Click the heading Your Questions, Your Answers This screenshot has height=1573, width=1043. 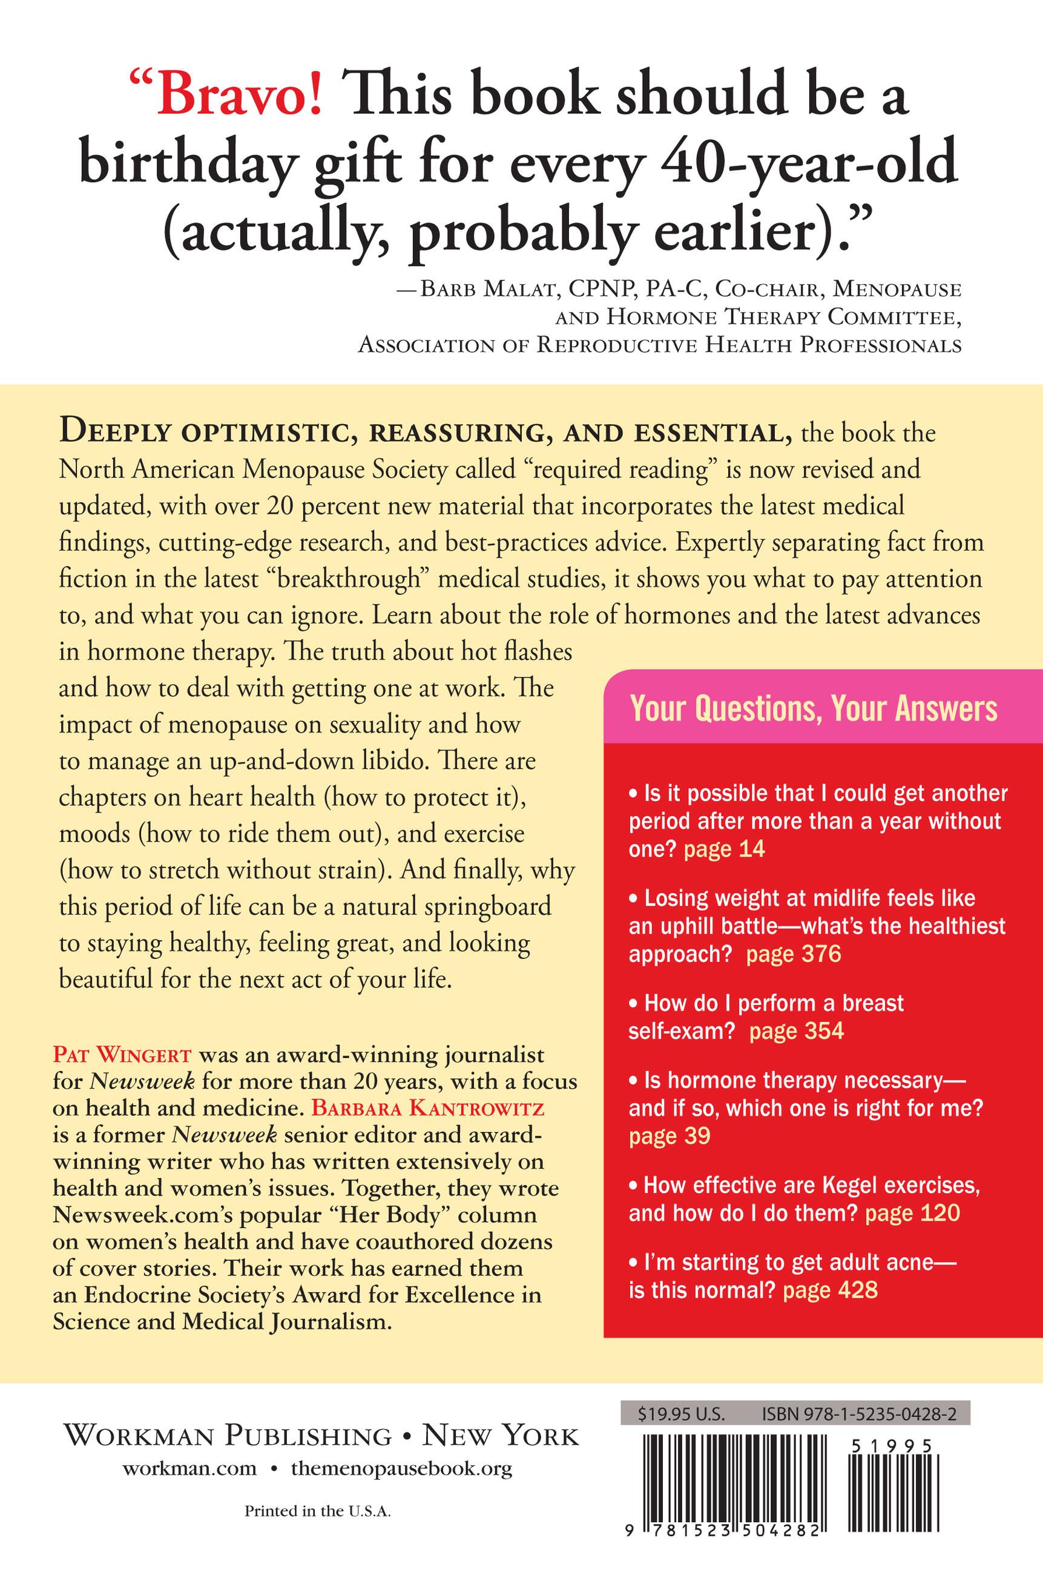pyautogui.click(x=813, y=708)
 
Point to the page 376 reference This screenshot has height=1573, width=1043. pyautogui.click(x=793, y=954)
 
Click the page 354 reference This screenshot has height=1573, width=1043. pyautogui.click(x=796, y=1031)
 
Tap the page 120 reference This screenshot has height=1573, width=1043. pyautogui.click(x=912, y=1213)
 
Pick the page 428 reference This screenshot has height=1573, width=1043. pyautogui.click(x=830, y=1290)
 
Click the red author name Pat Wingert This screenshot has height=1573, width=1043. pyautogui.click(x=122, y=1055)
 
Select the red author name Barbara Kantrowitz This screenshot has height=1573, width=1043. pyautogui.click(x=428, y=1108)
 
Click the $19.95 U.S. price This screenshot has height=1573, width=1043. pyautogui.click(x=680, y=1414)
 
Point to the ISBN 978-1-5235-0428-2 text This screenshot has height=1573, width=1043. pyautogui.click(x=859, y=1414)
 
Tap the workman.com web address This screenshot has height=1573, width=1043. pyautogui.click(x=189, y=1468)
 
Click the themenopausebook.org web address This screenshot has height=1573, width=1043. pyautogui.click(x=401, y=1468)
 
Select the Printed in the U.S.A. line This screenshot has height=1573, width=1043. pyautogui.click(x=317, y=1511)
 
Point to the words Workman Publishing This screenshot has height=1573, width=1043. pyautogui.click(x=228, y=1436)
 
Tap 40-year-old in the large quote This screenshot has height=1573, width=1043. pyautogui.click(x=808, y=163)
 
